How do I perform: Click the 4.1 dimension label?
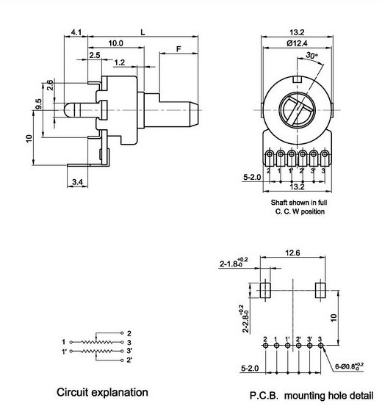pos(76,32)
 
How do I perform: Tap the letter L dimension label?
pos(143,32)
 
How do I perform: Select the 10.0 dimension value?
pos(115,43)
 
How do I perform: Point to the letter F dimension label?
pos(179,49)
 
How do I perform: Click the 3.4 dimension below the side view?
pos(77,182)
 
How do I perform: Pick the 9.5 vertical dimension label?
pos(38,104)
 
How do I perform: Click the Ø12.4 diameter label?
pos(297,43)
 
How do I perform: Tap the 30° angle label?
pos(311,55)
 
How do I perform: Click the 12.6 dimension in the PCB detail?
pos(292,253)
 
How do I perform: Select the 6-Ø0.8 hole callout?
pos(349,366)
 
